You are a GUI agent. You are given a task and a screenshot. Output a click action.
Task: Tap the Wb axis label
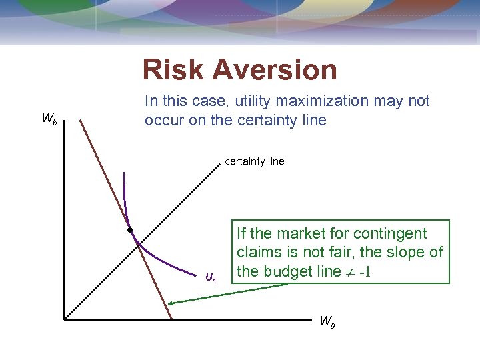(49, 119)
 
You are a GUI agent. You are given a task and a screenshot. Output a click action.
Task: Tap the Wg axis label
(327, 321)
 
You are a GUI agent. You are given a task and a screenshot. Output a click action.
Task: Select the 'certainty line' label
(254, 161)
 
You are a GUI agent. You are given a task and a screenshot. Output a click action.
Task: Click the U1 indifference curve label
(211, 277)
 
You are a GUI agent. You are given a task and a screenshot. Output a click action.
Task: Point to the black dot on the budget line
(131, 230)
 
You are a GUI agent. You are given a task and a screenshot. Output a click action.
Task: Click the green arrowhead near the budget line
(171, 304)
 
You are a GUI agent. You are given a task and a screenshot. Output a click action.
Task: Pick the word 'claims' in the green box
(257, 253)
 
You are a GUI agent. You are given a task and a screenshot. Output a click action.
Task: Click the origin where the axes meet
(65, 321)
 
